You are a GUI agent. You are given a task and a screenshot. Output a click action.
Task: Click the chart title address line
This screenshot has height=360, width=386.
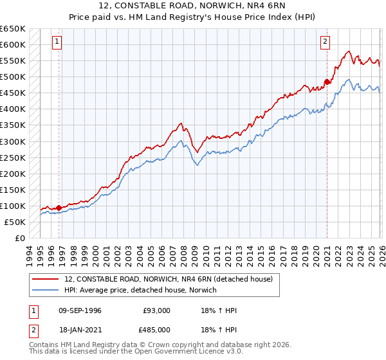click(193, 6)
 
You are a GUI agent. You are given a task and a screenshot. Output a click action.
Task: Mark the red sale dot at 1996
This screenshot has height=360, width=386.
click(59, 208)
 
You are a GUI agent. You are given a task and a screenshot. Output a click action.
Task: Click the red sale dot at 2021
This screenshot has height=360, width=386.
click(327, 82)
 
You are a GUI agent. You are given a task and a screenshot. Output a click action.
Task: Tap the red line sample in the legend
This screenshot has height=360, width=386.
click(46, 279)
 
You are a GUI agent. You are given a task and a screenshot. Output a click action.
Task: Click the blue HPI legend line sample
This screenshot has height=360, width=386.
click(46, 290)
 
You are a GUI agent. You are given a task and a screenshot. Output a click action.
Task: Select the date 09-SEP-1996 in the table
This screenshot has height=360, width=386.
click(80, 310)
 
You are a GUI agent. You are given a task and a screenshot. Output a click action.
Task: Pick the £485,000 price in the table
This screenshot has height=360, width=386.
click(157, 329)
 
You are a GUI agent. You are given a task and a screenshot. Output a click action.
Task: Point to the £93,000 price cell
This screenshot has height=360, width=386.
click(157, 310)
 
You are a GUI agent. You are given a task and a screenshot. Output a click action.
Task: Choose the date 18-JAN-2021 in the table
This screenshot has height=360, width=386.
click(80, 329)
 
